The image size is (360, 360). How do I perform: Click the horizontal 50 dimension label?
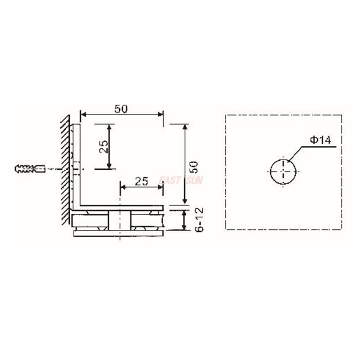(x=121, y=108)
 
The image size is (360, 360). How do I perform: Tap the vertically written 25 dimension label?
(x=103, y=146)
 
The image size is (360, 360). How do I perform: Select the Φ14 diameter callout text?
(x=320, y=140)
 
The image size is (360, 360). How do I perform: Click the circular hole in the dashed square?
(x=283, y=171)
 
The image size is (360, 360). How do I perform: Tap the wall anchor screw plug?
(x=30, y=169)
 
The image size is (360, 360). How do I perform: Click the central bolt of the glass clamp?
(x=120, y=220)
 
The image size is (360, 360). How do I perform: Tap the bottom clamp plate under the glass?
(x=118, y=233)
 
